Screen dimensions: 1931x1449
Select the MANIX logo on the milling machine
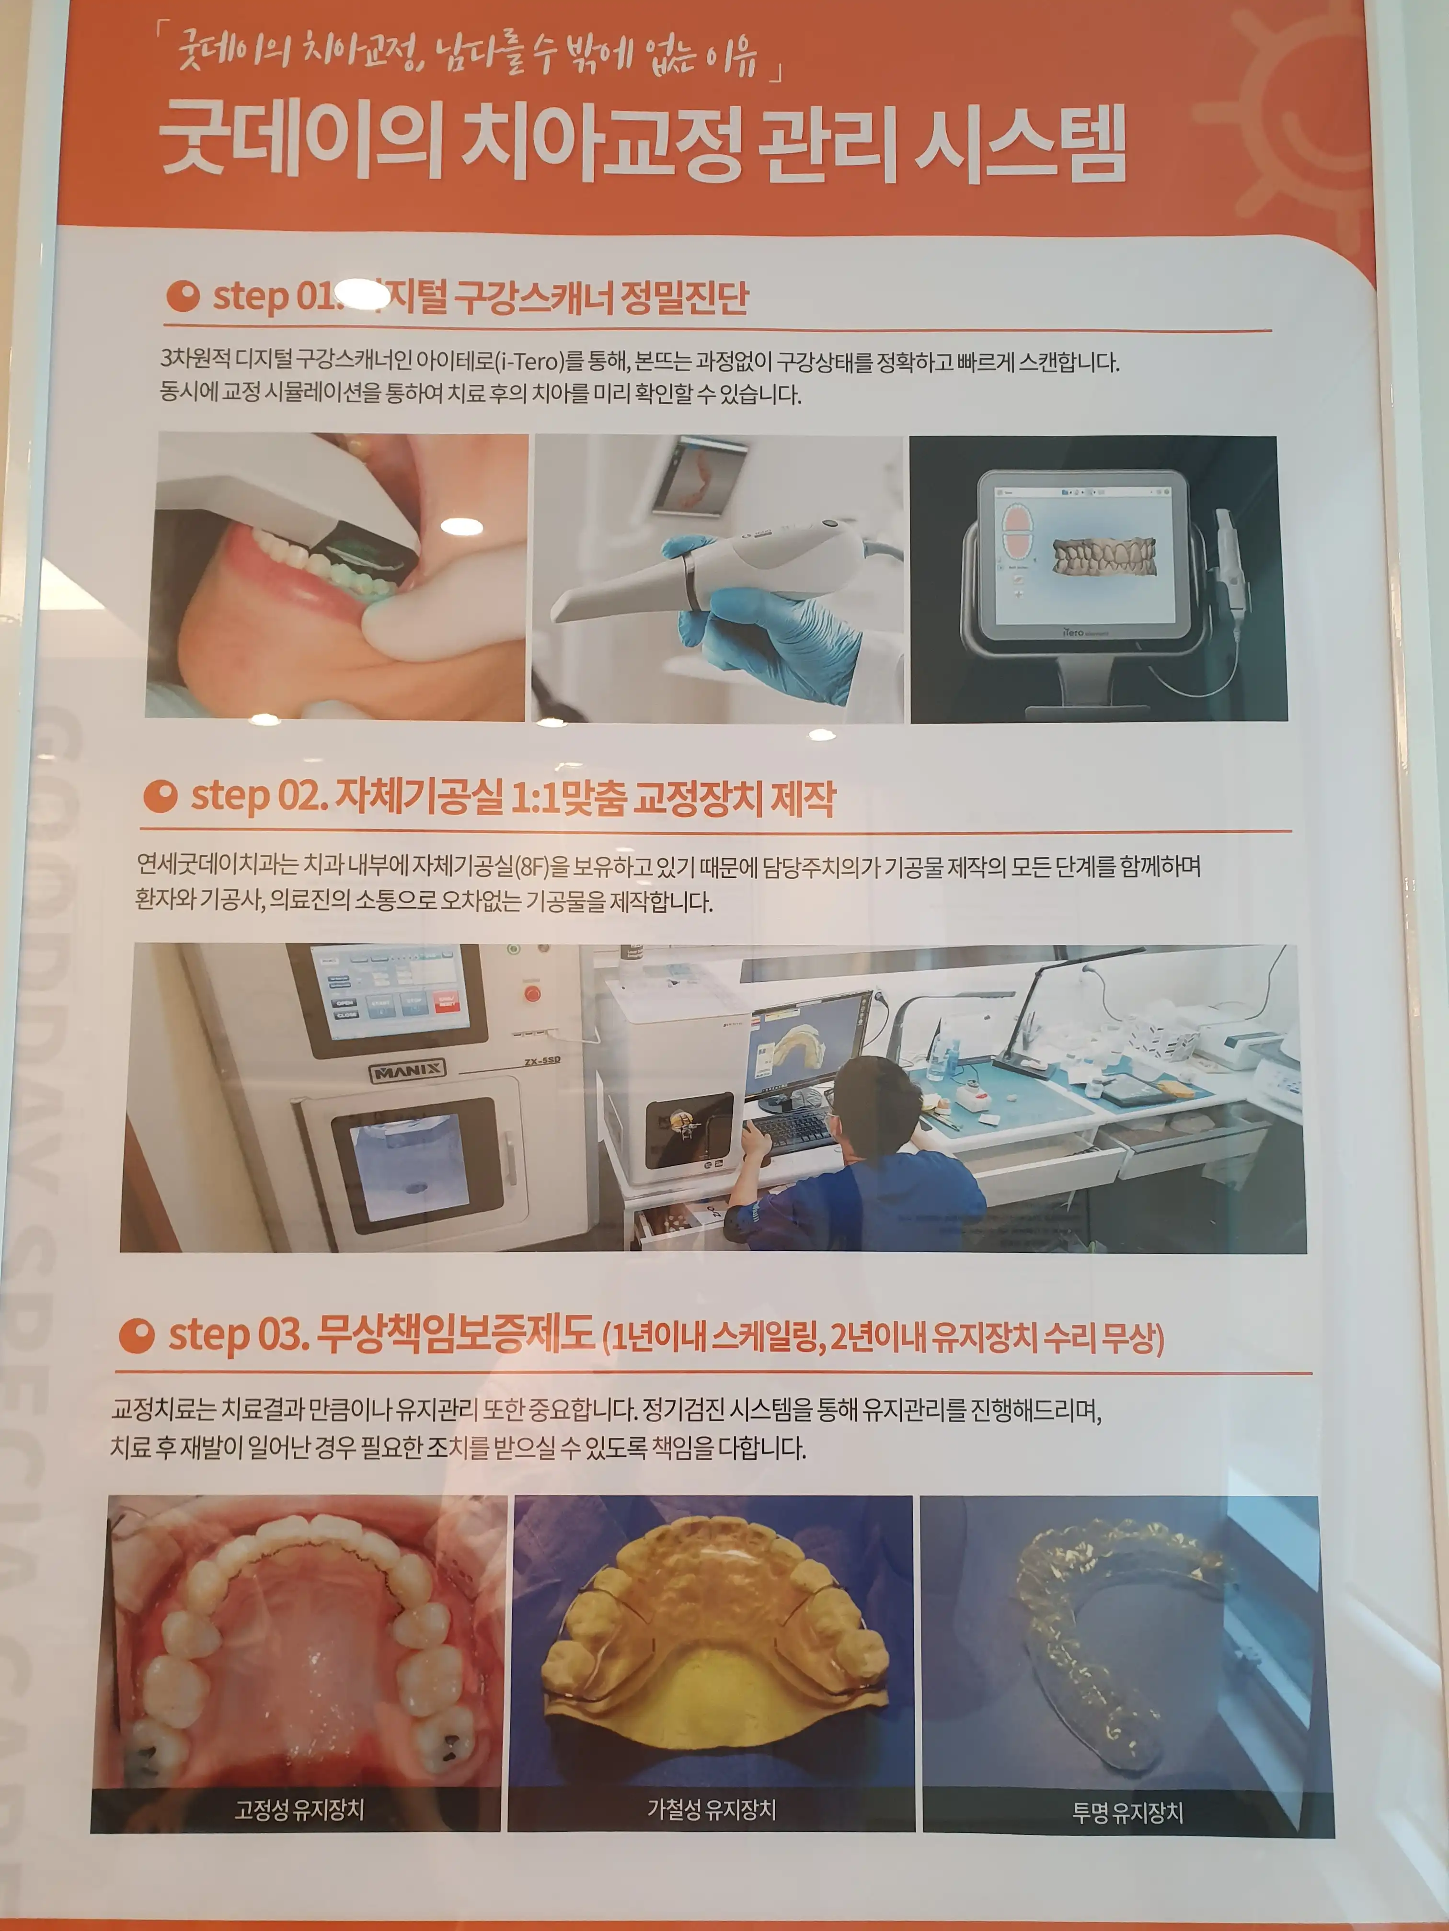[407, 1070]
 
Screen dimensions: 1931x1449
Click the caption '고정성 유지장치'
[299, 1809]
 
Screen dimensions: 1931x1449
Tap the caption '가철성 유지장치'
[711, 1809]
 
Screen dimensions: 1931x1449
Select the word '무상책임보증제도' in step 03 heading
[454, 1334]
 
